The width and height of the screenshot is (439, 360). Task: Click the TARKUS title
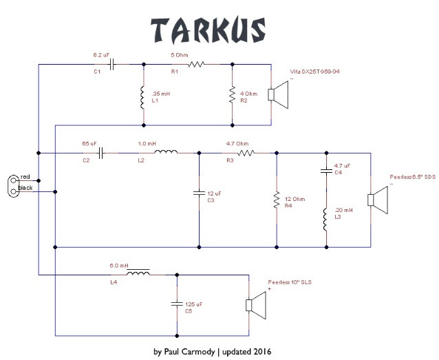(208, 29)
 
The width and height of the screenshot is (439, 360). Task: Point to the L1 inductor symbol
(143, 99)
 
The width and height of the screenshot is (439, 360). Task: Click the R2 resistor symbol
(232, 95)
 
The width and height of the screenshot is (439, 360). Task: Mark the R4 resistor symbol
(276, 201)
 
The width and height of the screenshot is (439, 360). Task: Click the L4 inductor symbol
(140, 274)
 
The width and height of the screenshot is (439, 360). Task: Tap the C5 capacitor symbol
(178, 302)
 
